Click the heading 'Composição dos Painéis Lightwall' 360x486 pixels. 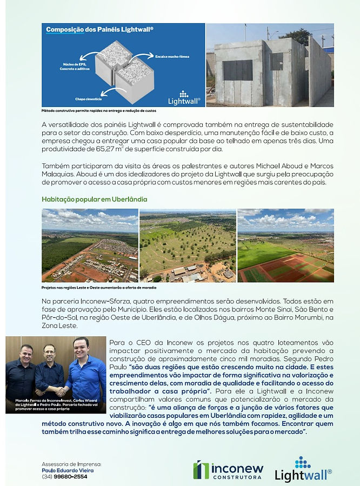point(99,30)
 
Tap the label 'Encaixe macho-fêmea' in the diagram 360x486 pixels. point(172,56)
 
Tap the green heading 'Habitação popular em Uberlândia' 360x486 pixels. point(95,199)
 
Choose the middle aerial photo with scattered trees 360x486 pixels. point(188,245)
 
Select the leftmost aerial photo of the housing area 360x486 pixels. point(90,245)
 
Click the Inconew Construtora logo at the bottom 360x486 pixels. point(228,470)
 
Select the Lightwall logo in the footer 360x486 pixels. point(303,469)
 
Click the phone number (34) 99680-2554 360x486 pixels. point(64,476)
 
